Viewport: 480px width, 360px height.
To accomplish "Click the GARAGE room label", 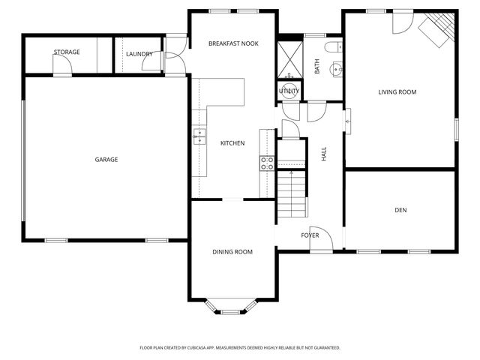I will (x=106, y=159).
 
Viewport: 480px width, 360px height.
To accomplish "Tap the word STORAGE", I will (x=67, y=52).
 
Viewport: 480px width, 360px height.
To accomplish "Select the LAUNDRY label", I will (x=139, y=54).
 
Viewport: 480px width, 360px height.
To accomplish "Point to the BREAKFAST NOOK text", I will (x=233, y=43).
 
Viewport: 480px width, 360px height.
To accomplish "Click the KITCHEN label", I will (x=232, y=142).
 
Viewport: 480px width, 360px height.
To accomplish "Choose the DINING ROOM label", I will (x=232, y=252).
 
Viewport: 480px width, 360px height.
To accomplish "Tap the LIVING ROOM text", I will (x=397, y=92).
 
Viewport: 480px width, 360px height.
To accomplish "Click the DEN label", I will (x=400, y=211).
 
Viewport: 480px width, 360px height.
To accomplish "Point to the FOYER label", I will (x=310, y=235).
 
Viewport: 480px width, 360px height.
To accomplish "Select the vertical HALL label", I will (x=324, y=154).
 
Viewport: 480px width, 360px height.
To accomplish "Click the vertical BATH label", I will (x=317, y=67).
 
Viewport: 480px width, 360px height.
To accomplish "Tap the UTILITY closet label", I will (x=289, y=91).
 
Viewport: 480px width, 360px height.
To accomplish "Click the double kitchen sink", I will (x=199, y=136).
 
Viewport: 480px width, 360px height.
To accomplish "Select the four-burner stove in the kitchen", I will (x=268, y=163).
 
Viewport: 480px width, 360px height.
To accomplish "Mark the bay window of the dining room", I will (x=232, y=307).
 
